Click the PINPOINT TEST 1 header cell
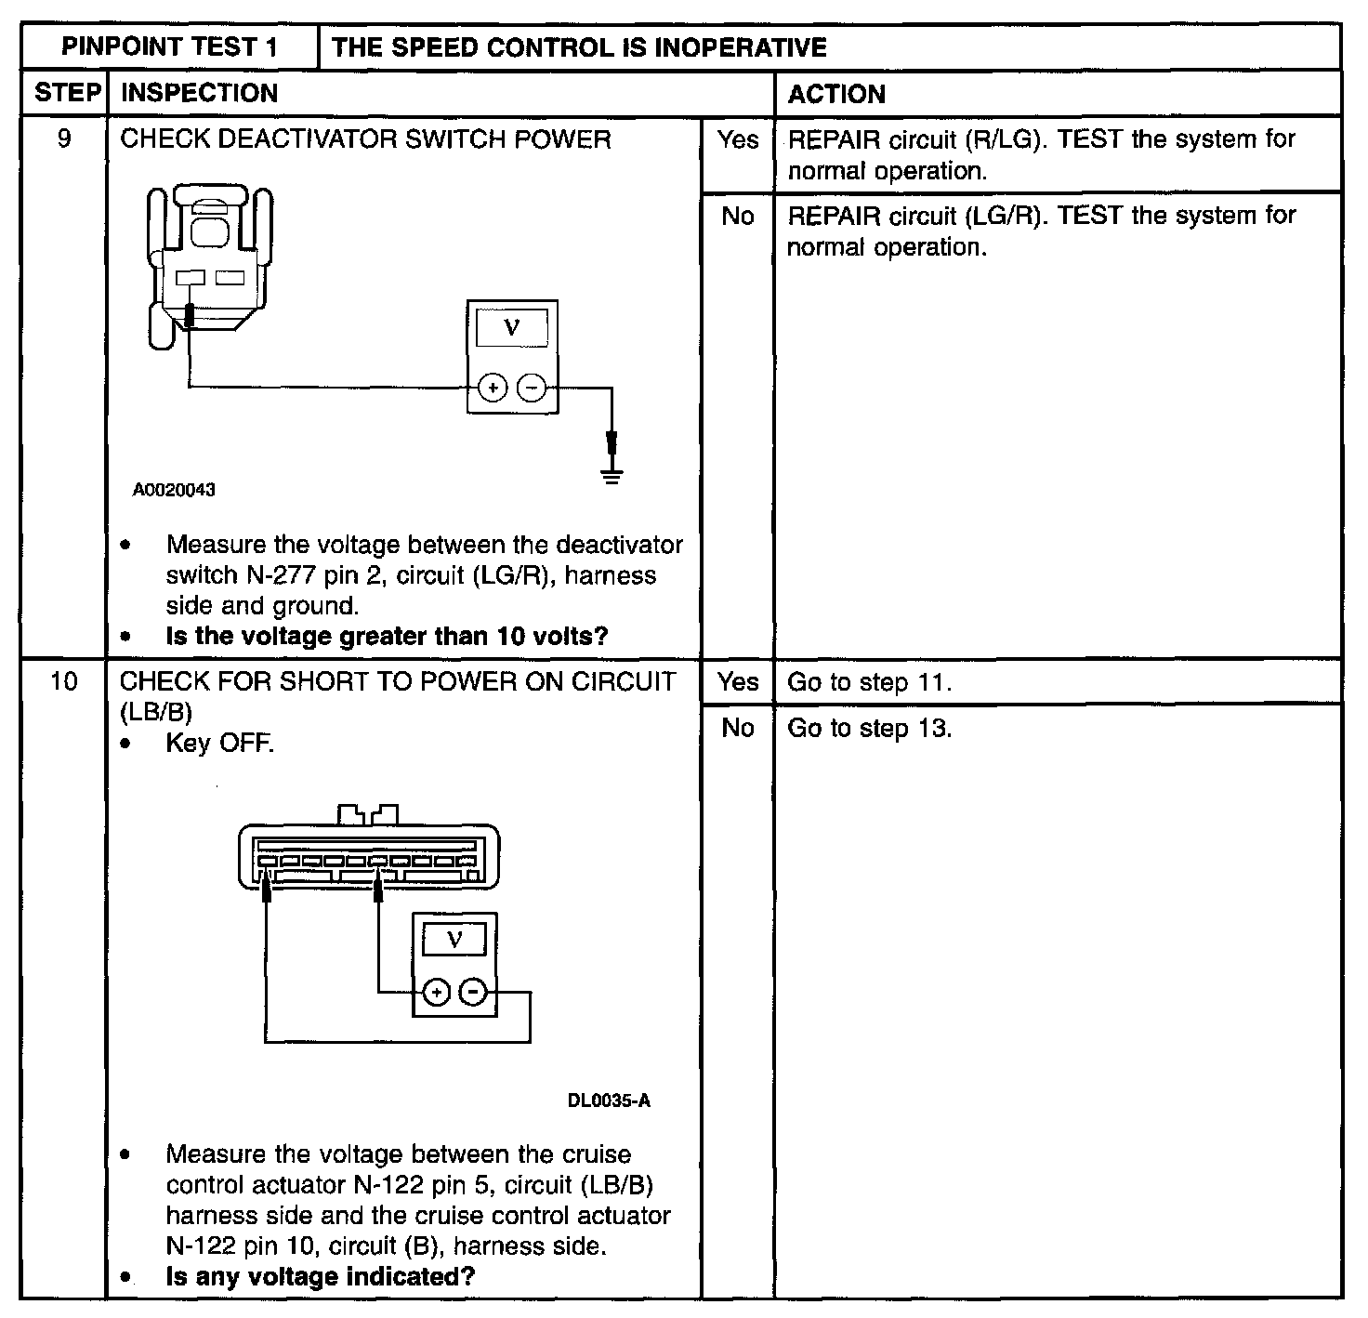point(169,47)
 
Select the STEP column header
point(66,93)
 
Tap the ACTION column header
point(836,94)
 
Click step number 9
point(64,139)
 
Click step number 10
point(64,681)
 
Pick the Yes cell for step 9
point(738,139)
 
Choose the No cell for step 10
point(738,728)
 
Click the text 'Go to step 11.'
point(870,682)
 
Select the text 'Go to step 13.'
point(870,728)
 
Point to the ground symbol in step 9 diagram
point(612,476)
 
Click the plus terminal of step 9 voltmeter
point(493,387)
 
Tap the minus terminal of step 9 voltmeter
point(531,387)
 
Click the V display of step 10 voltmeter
point(454,940)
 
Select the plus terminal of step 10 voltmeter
point(435,993)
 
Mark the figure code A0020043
point(174,490)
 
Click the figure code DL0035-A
point(609,1101)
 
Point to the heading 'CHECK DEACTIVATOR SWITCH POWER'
point(366,139)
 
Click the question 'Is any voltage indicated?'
point(320,1276)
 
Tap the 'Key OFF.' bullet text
point(220,744)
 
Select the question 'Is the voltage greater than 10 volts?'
point(387,637)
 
